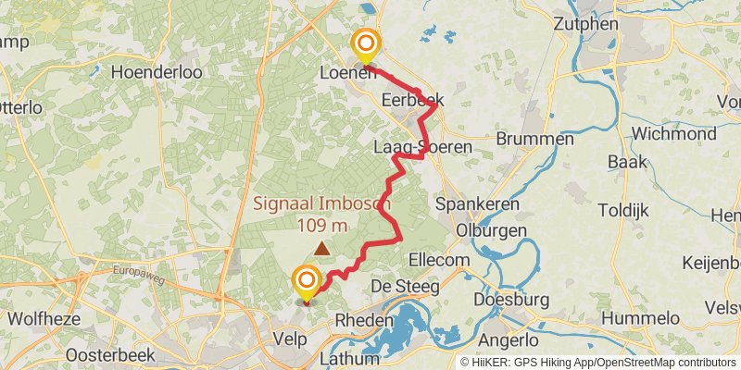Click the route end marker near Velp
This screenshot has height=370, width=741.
(x=306, y=281)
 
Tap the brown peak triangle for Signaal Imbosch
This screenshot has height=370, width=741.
(x=321, y=248)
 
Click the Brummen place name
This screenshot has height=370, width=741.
(x=535, y=139)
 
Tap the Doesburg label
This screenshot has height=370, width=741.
(x=511, y=300)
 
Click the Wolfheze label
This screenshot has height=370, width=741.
(x=40, y=319)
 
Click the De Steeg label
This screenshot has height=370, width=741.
(x=406, y=287)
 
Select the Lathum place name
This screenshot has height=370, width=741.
(x=349, y=358)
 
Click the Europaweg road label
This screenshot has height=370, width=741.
(x=138, y=271)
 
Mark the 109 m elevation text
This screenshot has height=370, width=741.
(x=322, y=225)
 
